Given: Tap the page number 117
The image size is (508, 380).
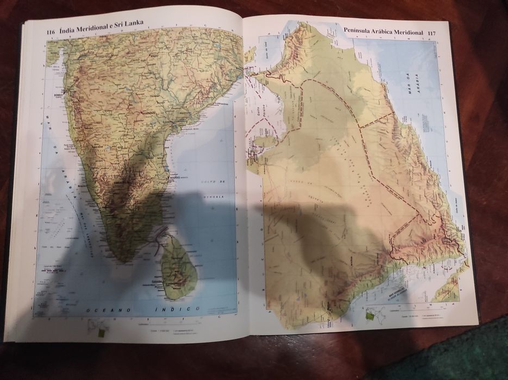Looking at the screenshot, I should [x=432, y=34].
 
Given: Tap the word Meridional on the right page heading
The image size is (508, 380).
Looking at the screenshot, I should [x=410, y=33].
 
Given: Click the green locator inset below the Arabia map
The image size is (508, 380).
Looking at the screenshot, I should [x=371, y=314].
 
